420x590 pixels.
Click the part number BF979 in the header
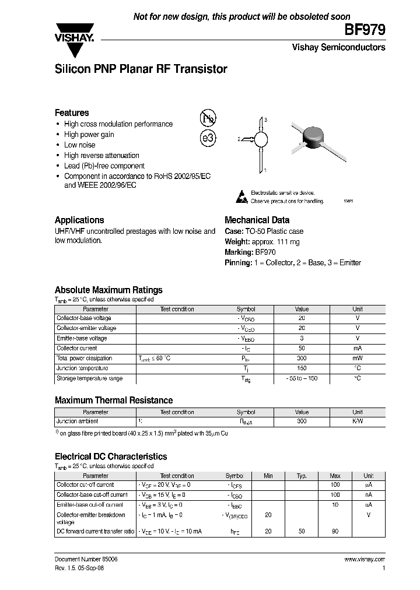368,31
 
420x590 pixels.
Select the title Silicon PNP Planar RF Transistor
141,69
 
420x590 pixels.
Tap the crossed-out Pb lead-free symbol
208,118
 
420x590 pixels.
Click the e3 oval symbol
208,139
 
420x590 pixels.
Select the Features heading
72,113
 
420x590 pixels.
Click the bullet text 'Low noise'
79,145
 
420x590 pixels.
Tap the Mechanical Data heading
257,220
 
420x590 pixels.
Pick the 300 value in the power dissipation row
302,359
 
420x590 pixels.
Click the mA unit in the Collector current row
357,349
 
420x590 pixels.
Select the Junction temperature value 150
302,368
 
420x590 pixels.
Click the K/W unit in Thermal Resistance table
357,421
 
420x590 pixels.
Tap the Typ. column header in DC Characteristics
302,476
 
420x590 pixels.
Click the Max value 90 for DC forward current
335,532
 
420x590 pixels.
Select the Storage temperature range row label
89,379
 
